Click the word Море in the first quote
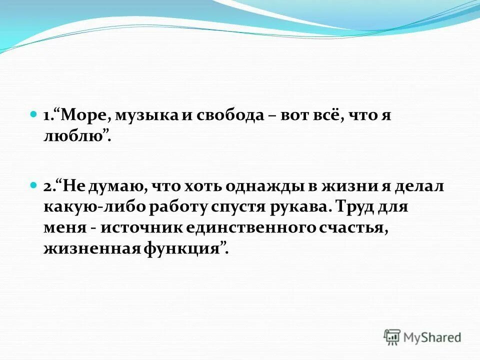(x=87, y=115)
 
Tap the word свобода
(x=224, y=115)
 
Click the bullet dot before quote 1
(x=33, y=114)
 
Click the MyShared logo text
(x=432, y=336)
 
